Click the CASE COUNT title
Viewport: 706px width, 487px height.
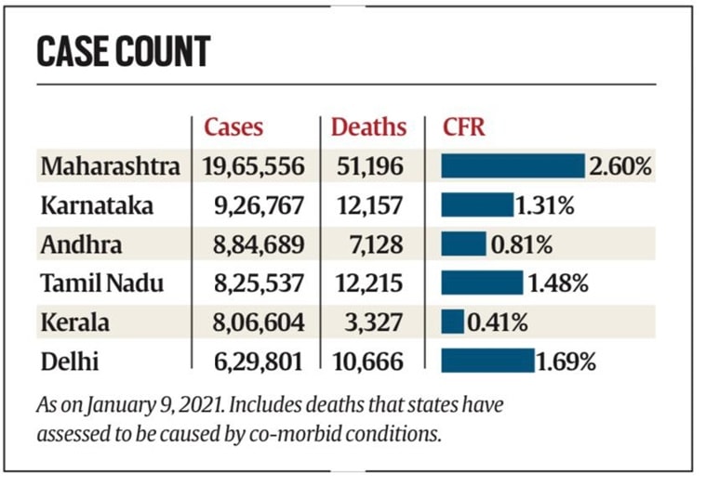[x=124, y=52]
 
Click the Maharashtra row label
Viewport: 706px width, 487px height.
[x=111, y=166]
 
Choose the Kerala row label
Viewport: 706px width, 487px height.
[x=75, y=322]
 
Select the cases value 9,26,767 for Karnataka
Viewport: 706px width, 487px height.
[x=254, y=205]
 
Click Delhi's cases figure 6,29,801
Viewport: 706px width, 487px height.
[x=254, y=361]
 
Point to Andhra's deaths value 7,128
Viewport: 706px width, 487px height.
[x=377, y=244]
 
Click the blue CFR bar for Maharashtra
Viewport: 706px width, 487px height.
[x=513, y=166]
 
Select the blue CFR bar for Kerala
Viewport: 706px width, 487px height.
[x=452, y=322]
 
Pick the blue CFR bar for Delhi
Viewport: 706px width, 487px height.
[x=487, y=361]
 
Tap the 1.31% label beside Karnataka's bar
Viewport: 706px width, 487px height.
[x=544, y=205]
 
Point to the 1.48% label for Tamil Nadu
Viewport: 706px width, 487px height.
[x=558, y=283]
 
